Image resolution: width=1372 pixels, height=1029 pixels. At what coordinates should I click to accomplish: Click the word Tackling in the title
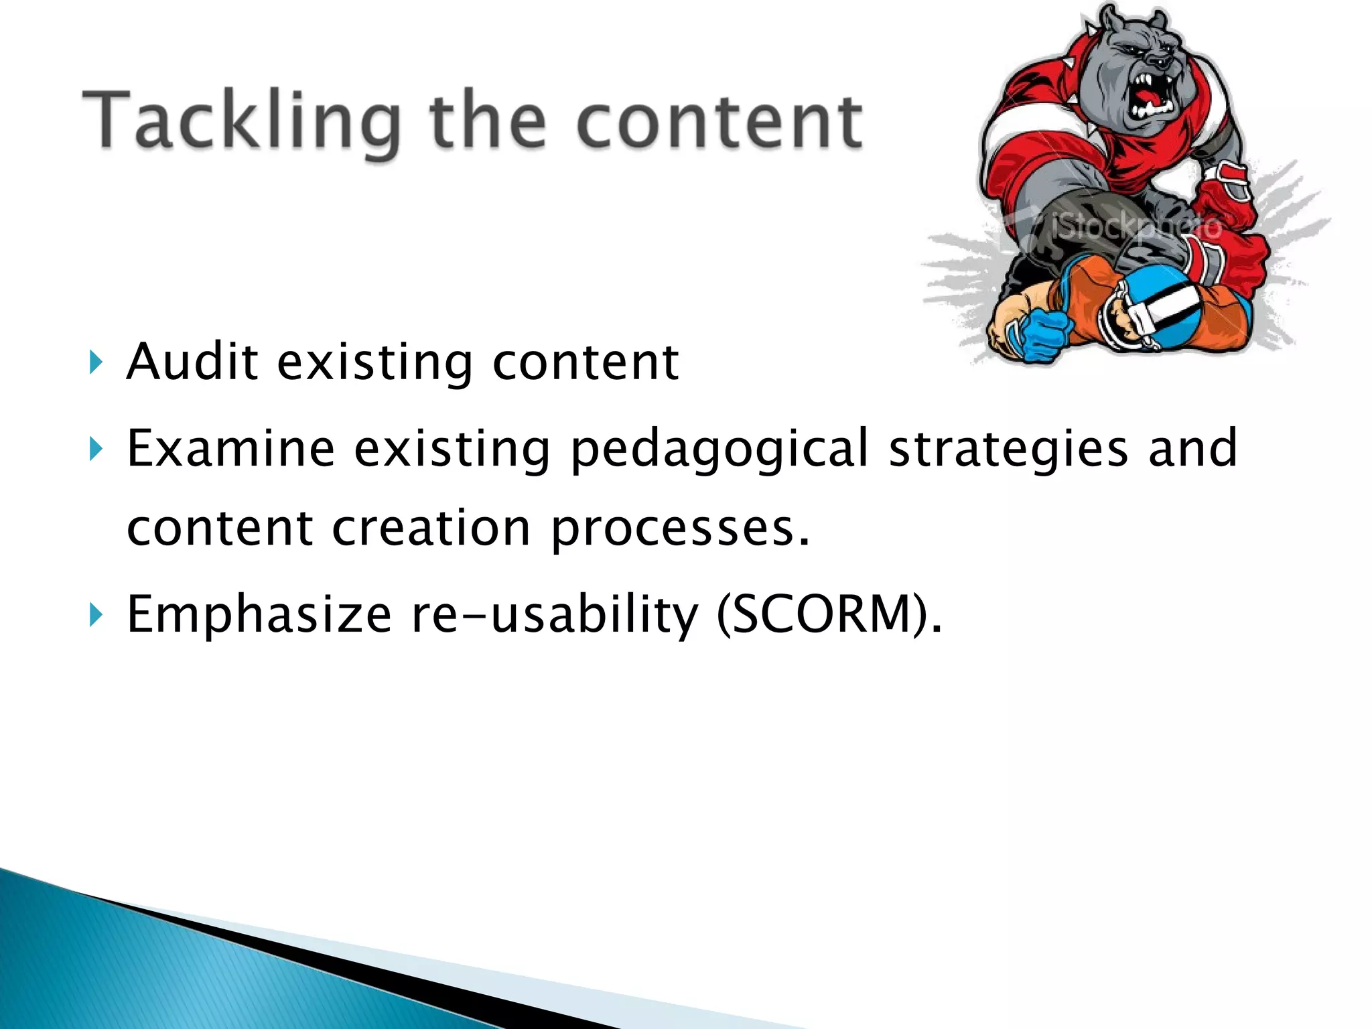(241, 121)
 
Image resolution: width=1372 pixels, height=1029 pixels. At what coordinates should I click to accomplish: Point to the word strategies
(1009, 449)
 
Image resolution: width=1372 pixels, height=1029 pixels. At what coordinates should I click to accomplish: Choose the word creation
(431, 528)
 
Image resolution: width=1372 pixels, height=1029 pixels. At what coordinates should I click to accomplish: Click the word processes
(679, 529)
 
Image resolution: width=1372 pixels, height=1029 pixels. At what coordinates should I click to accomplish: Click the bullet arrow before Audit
(96, 362)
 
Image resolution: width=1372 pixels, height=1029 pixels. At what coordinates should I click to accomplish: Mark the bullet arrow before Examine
(96, 449)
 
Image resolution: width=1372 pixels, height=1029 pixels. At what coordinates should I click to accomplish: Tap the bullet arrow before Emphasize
(96, 614)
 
